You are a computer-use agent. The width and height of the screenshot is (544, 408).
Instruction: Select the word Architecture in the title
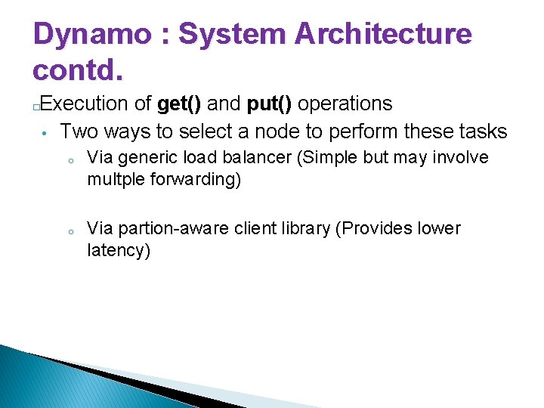point(383,35)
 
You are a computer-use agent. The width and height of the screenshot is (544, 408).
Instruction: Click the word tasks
point(481,131)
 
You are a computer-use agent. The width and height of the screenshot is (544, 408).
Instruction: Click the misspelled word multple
point(116,181)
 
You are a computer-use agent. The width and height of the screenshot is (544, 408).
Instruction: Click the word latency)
point(119,251)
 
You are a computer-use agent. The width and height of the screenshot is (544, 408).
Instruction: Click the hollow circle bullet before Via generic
point(69,160)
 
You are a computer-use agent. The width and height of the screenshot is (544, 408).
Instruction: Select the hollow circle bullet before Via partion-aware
point(69,231)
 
